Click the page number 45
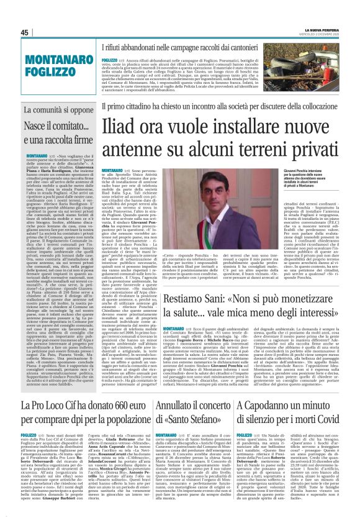25,33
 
